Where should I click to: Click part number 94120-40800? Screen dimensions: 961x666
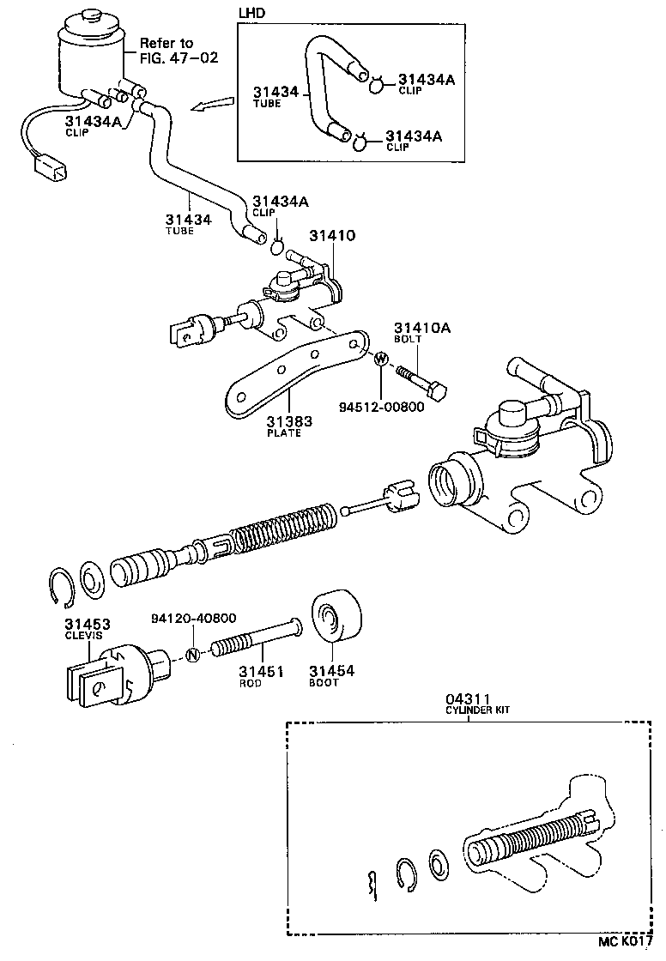[x=193, y=618]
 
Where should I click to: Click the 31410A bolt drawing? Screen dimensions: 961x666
[x=421, y=383]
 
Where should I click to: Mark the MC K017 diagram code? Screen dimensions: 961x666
[x=633, y=941]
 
